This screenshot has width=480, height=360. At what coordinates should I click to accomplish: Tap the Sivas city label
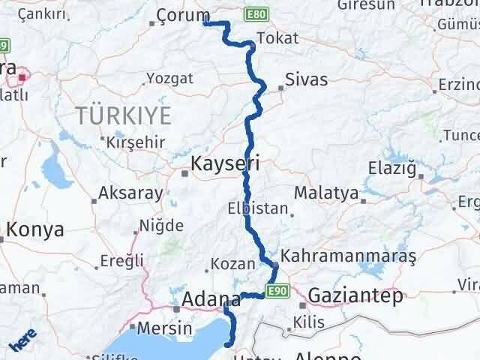click(x=306, y=79)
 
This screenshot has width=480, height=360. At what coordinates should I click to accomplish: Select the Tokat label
click(x=277, y=38)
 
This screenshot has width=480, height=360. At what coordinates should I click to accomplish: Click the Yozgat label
click(x=169, y=78)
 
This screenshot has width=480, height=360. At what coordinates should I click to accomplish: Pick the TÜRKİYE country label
click(x=123, y=115)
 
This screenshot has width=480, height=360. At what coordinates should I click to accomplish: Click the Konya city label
click(x=34, y=229)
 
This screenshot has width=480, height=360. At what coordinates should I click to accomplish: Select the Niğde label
click(x=161, y=226)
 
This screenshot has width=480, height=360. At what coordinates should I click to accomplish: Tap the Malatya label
click(x=325, y=193)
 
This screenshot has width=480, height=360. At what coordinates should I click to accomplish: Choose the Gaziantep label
click(x=355, y=295)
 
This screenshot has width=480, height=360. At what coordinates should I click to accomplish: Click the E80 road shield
click(x=255, y=14)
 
